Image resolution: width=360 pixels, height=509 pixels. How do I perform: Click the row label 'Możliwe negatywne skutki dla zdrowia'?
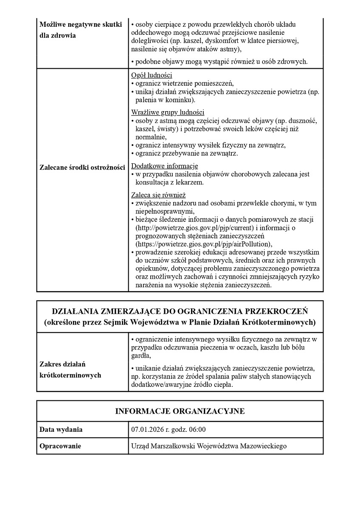pos(81,30)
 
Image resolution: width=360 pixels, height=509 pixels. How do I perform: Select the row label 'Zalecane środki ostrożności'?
pos(82,168)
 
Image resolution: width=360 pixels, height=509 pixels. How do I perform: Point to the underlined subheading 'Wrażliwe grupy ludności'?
pos(168,112)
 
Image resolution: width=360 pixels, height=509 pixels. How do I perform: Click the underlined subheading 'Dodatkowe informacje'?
pos(164,166)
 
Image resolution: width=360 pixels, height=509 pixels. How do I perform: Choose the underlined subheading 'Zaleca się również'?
pos(158,195)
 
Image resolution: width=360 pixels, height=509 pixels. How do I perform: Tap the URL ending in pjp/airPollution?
pos(203,244)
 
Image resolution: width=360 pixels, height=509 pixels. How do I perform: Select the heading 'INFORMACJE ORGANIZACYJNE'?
pos(180,411)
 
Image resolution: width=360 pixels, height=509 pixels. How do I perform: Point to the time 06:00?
pos(197,429)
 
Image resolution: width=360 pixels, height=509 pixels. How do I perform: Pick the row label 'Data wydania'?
pos(61,429)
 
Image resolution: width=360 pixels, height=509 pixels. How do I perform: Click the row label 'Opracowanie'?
pos(60,446)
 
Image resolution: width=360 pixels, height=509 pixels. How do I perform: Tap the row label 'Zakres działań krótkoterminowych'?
pos(70,369)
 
